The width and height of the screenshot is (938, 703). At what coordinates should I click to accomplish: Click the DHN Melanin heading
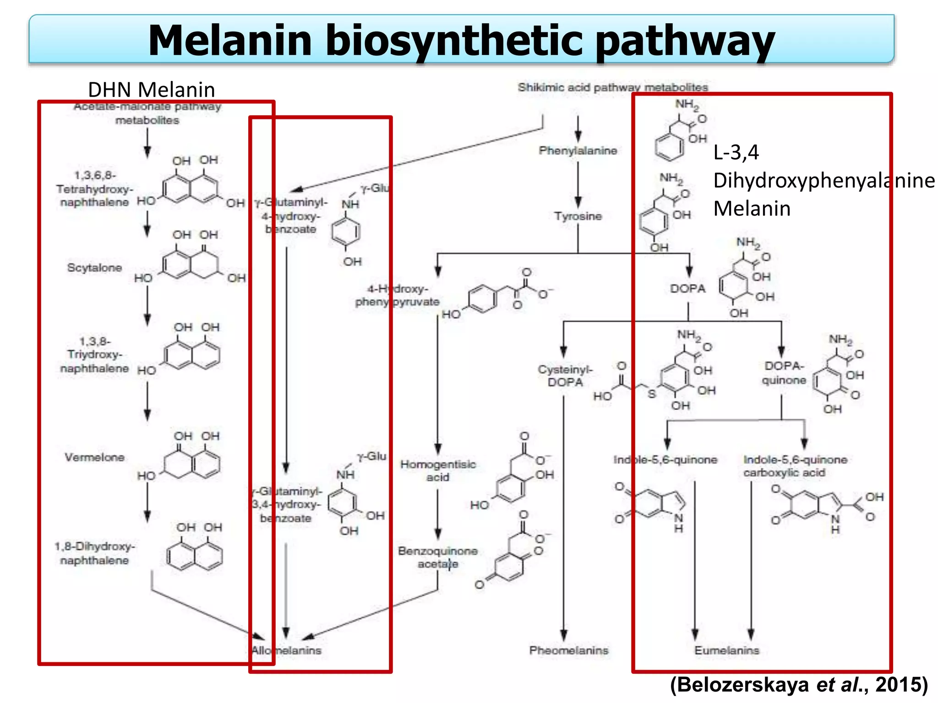pos(151,90)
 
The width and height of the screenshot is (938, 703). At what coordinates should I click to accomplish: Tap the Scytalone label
pos(94,268)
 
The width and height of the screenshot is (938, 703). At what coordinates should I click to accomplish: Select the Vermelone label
pos(94,457)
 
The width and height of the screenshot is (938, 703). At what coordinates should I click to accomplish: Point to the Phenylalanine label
pos(578,151)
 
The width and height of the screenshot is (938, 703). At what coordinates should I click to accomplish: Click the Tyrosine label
pos(578,216)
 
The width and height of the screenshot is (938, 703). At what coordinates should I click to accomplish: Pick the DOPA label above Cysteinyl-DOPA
pos(687,289)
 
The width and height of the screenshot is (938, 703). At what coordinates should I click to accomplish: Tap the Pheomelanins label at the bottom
pos(568,650)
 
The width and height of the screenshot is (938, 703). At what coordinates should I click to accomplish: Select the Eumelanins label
pos(726,650)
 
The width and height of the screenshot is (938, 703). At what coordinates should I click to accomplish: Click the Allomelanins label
pos(286,650)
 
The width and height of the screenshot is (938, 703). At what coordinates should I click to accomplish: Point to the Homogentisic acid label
pos(438,470)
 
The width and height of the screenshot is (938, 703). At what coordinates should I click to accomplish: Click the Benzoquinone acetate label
pos(437,557)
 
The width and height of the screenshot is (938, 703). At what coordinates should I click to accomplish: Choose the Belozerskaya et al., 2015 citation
pos(799,685)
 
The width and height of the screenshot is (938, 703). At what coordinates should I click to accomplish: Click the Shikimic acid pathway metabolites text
pos(612,87)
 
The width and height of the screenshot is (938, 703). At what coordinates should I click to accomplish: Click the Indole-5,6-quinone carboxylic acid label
pos(795,466)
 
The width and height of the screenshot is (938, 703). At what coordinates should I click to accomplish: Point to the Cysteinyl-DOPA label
pos(565,376)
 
